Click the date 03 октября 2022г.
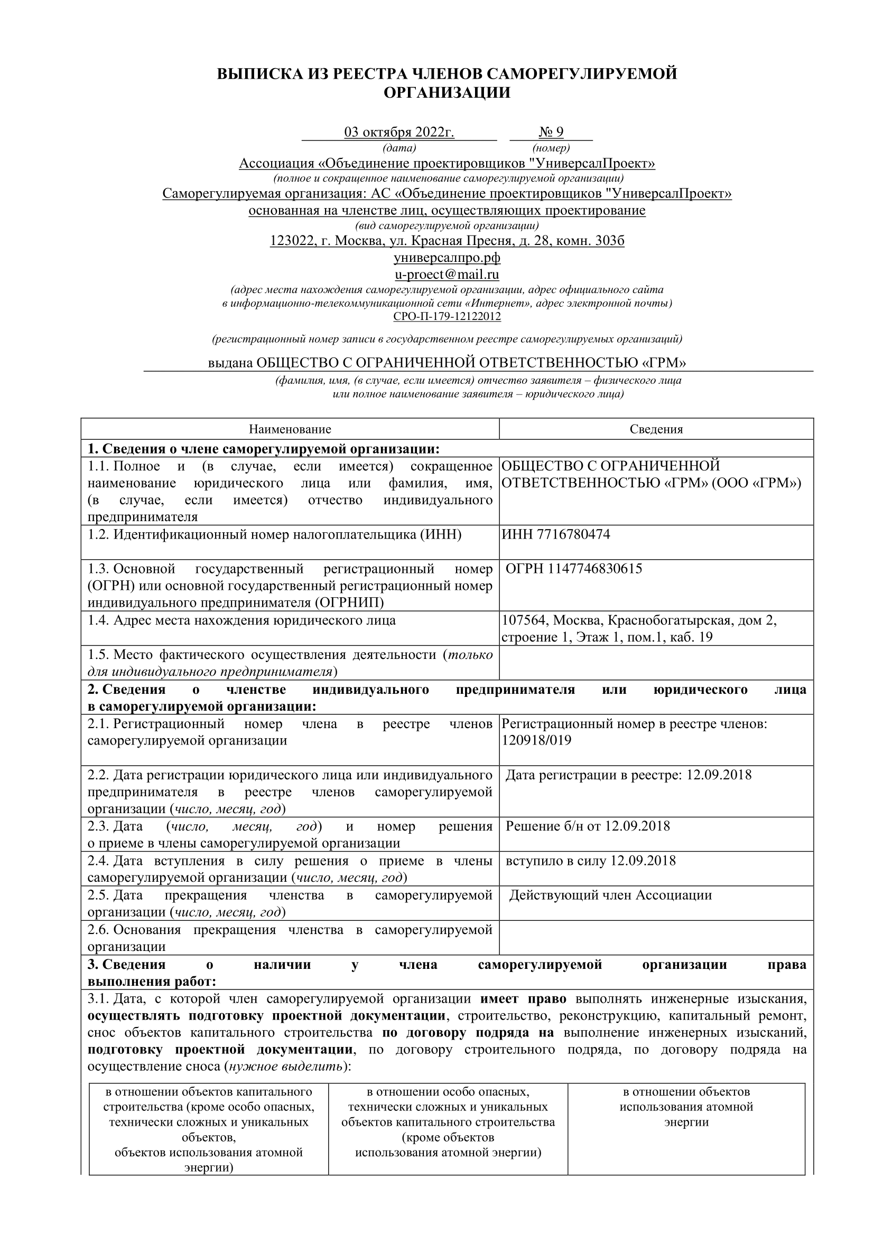click(x=399, y=133)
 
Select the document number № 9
click(x=551, y=133)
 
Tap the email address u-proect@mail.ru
click(x=447, y=275)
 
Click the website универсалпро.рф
click(x=447, y=258)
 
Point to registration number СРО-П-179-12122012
click(x=447, y=317)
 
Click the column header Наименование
click(x=290, y=429)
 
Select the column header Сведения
click(x=656, y=429)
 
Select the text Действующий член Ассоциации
click(x=610, y=895)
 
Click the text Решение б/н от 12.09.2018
click(x=588, y=826)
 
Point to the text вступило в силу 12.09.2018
click(x=590, y=861)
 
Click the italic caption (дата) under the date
click(x=399, y=148)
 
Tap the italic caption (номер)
click(x=551, y=148)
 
